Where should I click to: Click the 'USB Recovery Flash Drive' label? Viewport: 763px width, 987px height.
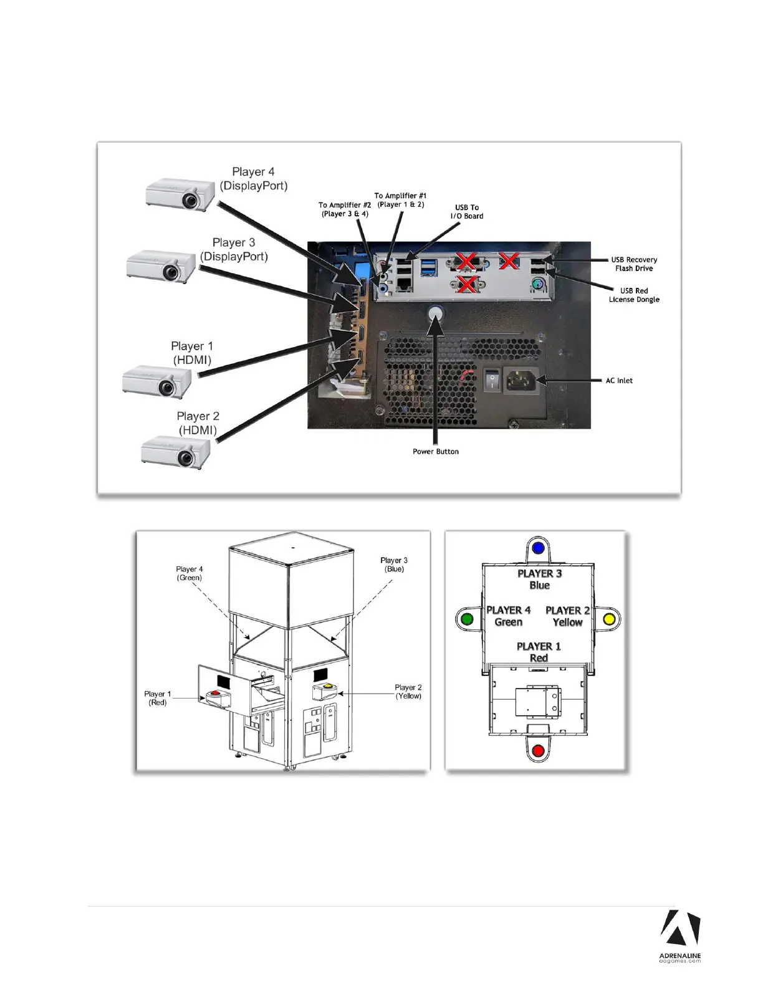pos(634,264)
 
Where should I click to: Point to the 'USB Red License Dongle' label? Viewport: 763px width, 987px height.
pos(634,295)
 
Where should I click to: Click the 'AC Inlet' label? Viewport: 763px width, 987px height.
pos(619,381)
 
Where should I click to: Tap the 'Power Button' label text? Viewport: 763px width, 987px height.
pos(435,452)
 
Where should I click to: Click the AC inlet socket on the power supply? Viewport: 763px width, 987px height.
pos(521,379)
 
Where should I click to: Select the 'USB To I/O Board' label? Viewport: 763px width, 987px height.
pos(467,212)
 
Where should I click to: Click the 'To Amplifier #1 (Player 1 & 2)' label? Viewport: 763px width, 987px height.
pos(400,200)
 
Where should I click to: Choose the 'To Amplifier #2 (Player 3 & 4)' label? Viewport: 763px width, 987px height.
pos(345,209)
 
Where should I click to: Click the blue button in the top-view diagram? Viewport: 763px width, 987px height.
pos(539,549)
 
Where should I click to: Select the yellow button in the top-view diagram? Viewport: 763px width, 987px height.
pos(610,619)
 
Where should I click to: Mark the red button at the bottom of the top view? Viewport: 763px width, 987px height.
pos(539,751)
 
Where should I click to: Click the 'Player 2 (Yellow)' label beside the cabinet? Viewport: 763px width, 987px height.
pos(408,692)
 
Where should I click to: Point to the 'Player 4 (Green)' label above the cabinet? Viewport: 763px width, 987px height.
pos(189,573)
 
